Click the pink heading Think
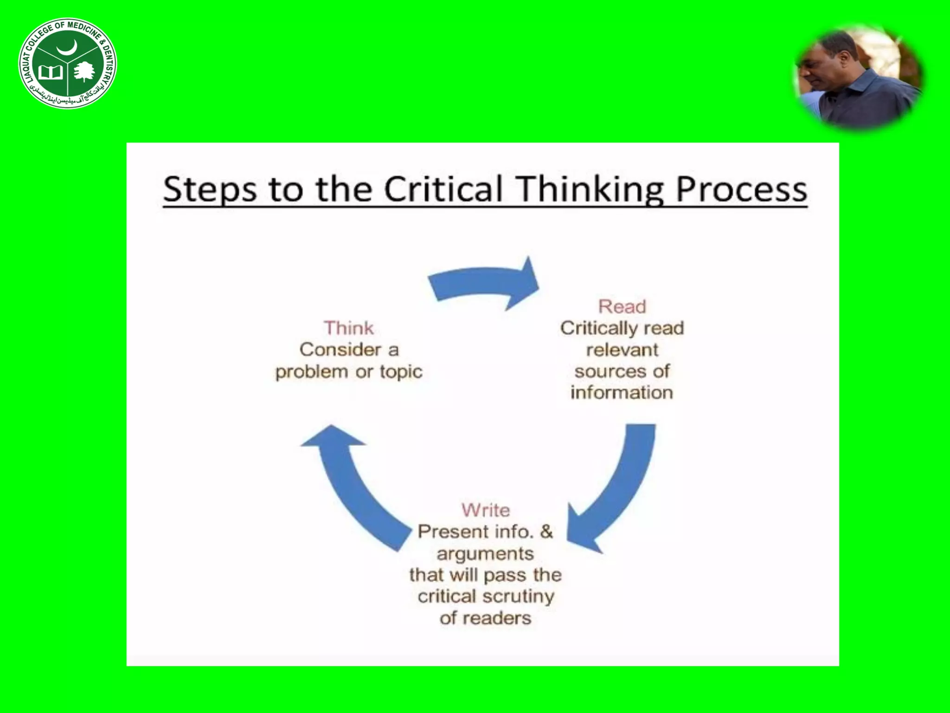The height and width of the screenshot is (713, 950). [x=349, y=328]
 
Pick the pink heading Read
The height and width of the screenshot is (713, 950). [x=622, y=307]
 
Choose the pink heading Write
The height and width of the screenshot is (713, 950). [x=486, y=510]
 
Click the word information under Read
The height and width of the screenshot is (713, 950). [x=622, y=393]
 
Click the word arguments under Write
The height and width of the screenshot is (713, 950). [x=485, y=554]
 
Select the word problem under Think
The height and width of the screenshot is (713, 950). [x=311, y=372]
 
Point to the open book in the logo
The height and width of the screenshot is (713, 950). [x=50, y=73]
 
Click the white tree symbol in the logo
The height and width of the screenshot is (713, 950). [x=84, y=72]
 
